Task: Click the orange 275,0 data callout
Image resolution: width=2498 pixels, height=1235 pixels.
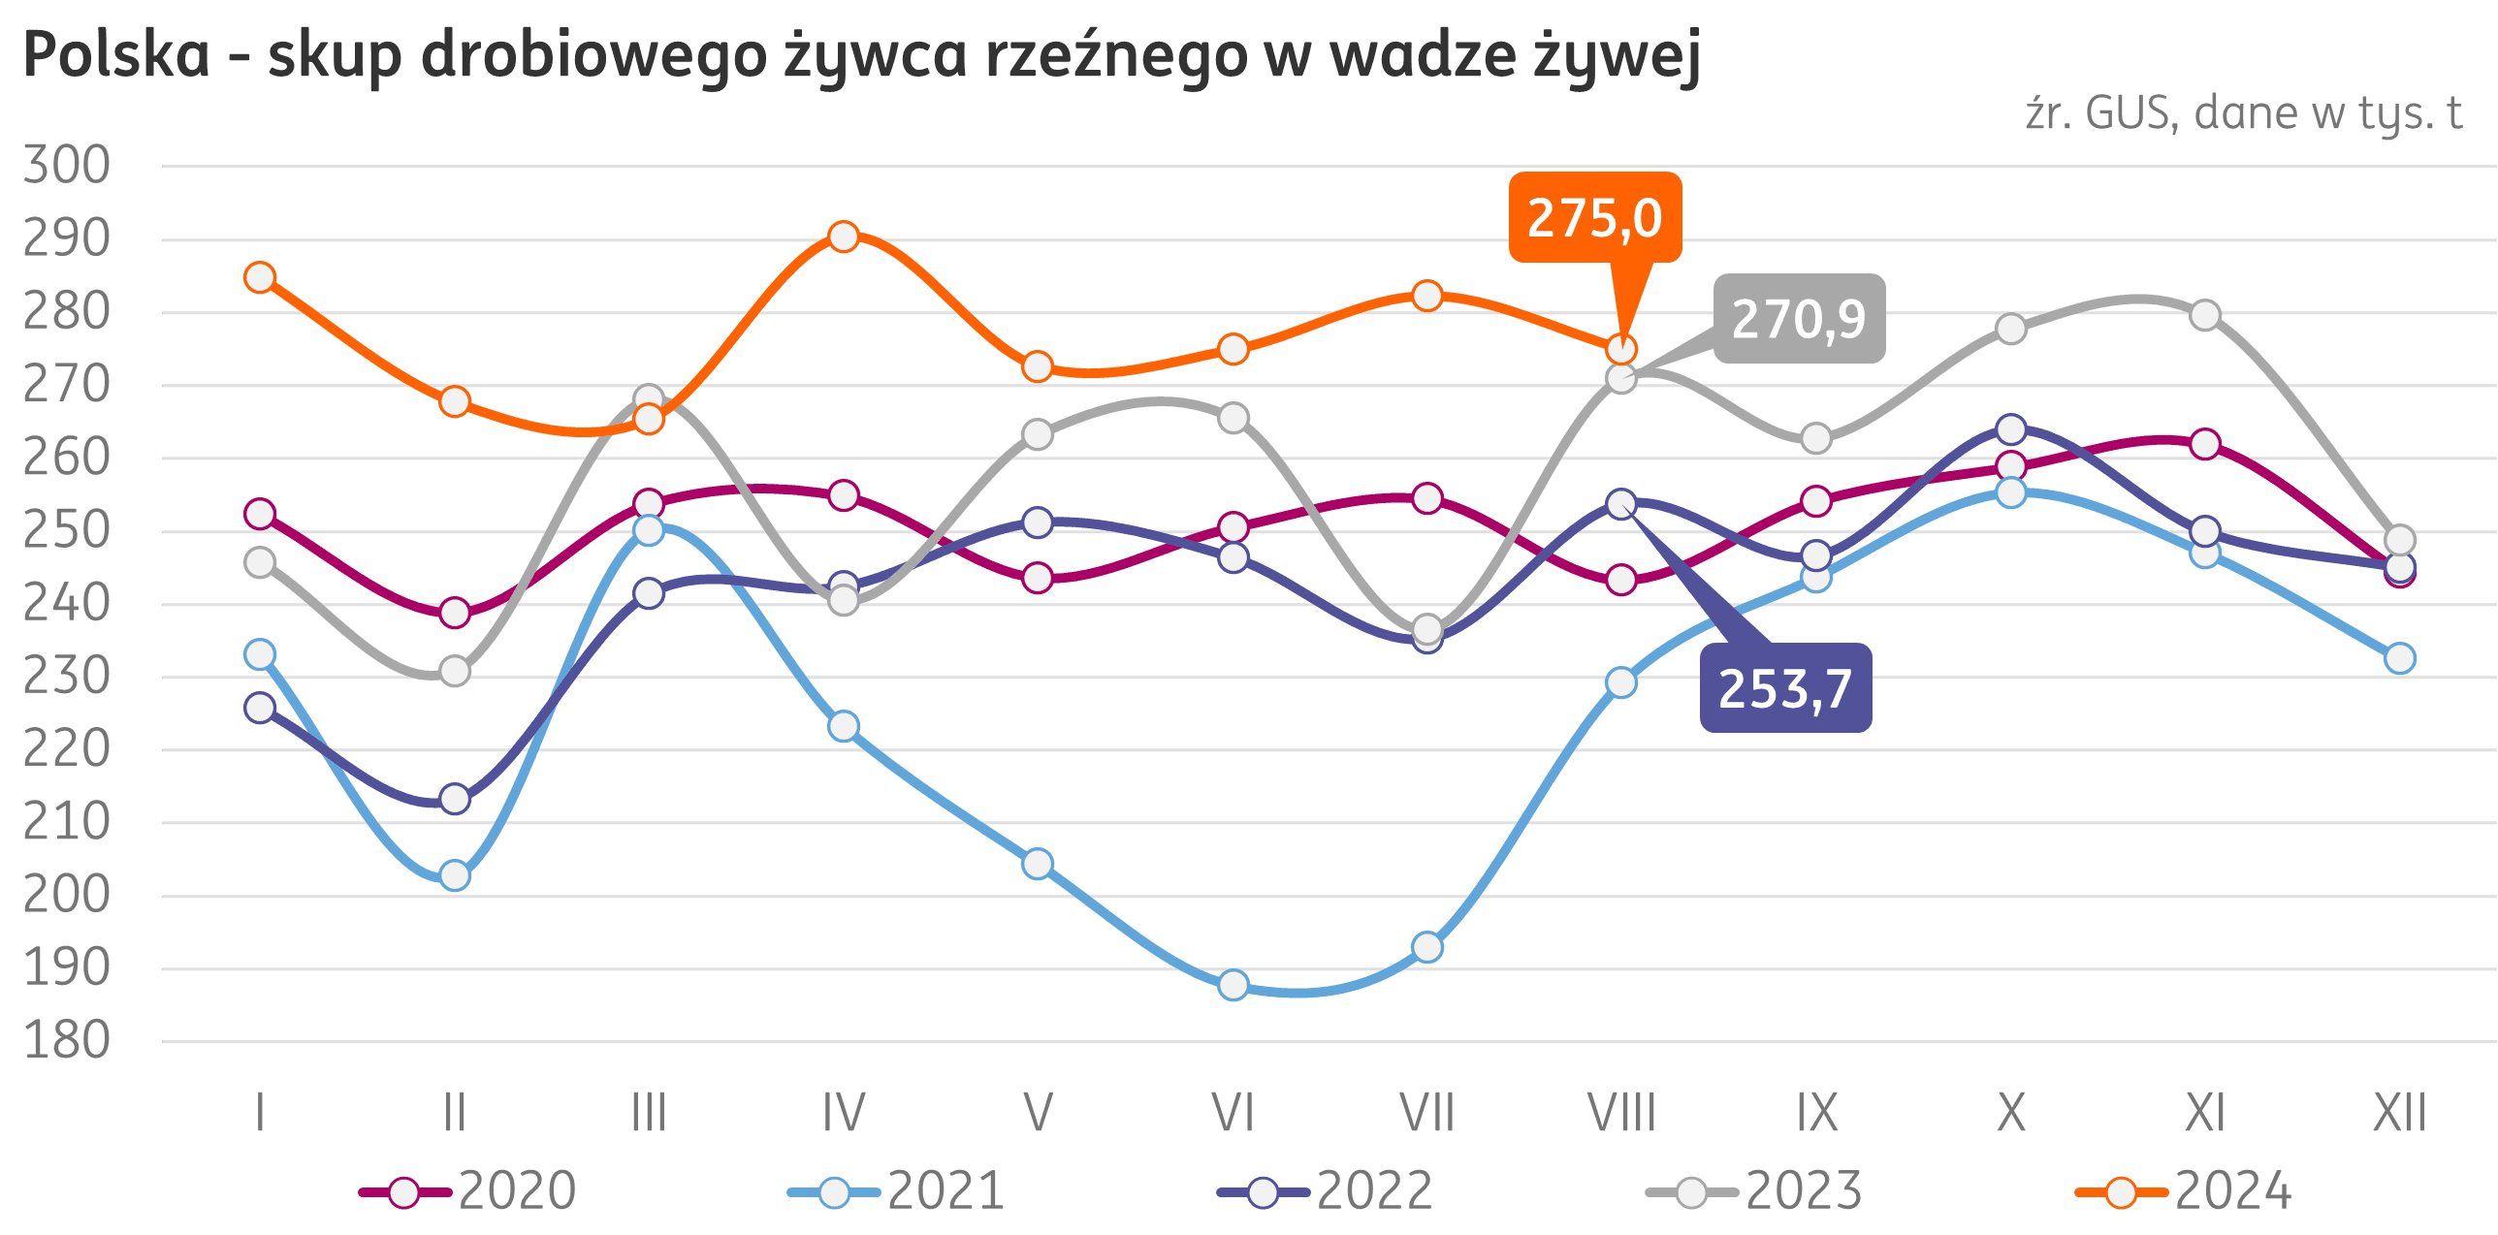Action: [x=1594, y=217]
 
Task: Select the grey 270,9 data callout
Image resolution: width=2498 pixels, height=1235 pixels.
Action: [x=1799, y=319]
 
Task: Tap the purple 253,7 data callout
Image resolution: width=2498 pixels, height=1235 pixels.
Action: [x=1785, y=688]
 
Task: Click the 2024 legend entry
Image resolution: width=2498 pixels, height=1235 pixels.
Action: [x=2183, y=1190]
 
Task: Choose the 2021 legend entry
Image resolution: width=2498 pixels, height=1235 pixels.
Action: [x=896, y=1190]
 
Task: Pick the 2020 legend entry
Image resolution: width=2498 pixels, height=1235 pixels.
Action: [x=467, y=1190]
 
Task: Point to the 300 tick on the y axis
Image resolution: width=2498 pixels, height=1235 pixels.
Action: [x=66, y=165]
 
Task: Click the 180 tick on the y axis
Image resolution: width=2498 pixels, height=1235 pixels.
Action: [x=66, y=1041]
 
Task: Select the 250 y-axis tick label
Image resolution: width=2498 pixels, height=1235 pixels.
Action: [x=66, y=530]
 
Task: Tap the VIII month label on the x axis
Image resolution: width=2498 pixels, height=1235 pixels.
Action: [x=1621, y=1113]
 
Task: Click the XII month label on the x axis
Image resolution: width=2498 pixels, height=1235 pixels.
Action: [x=2399, y=1113]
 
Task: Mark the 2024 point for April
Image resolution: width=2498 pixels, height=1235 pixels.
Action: [x=844, y=237]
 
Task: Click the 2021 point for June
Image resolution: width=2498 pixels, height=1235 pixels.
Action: [x=1233, y=985]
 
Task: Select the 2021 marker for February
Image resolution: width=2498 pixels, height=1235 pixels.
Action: [x=455, y=875]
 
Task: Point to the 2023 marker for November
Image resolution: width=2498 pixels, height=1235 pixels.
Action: [x=2205, y=315]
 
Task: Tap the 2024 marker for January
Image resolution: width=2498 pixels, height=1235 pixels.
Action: [x=260, y=277]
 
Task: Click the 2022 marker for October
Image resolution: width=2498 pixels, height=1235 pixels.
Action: [x=2011, y=428]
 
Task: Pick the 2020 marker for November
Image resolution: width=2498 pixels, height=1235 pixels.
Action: [x=2205, y=444]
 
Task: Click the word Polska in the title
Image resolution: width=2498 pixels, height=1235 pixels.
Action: [x=116, y=54]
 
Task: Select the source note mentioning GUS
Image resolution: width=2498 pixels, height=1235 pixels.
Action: [x=2243, y=113]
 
